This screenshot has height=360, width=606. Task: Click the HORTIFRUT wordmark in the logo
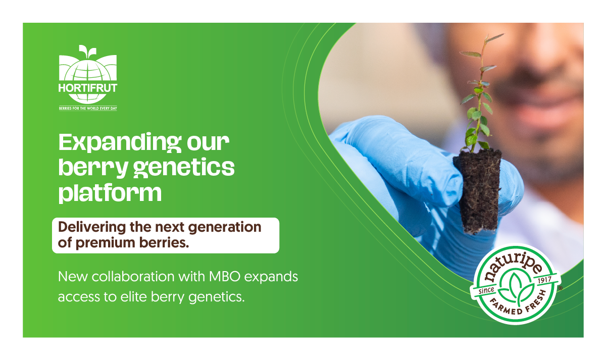coord(88,88)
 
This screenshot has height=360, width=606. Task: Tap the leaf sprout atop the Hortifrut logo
coord(87,51)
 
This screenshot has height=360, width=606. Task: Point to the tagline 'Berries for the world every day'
coord(88,109)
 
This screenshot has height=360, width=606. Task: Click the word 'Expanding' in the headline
coord(120,142)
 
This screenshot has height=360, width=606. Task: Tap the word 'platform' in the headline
coord(110,193)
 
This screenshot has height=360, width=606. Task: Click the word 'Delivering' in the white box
coord(92,227)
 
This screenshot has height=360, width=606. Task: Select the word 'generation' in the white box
coord(225,227)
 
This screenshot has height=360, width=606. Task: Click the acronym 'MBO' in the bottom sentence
coord(225,277)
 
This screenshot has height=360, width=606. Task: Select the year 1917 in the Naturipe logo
coord(544,280)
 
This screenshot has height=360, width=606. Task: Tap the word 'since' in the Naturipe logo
coord(486,291)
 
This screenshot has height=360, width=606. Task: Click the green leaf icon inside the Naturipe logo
coord(516,288)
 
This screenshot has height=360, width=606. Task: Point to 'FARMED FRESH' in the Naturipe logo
coord(517,305)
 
